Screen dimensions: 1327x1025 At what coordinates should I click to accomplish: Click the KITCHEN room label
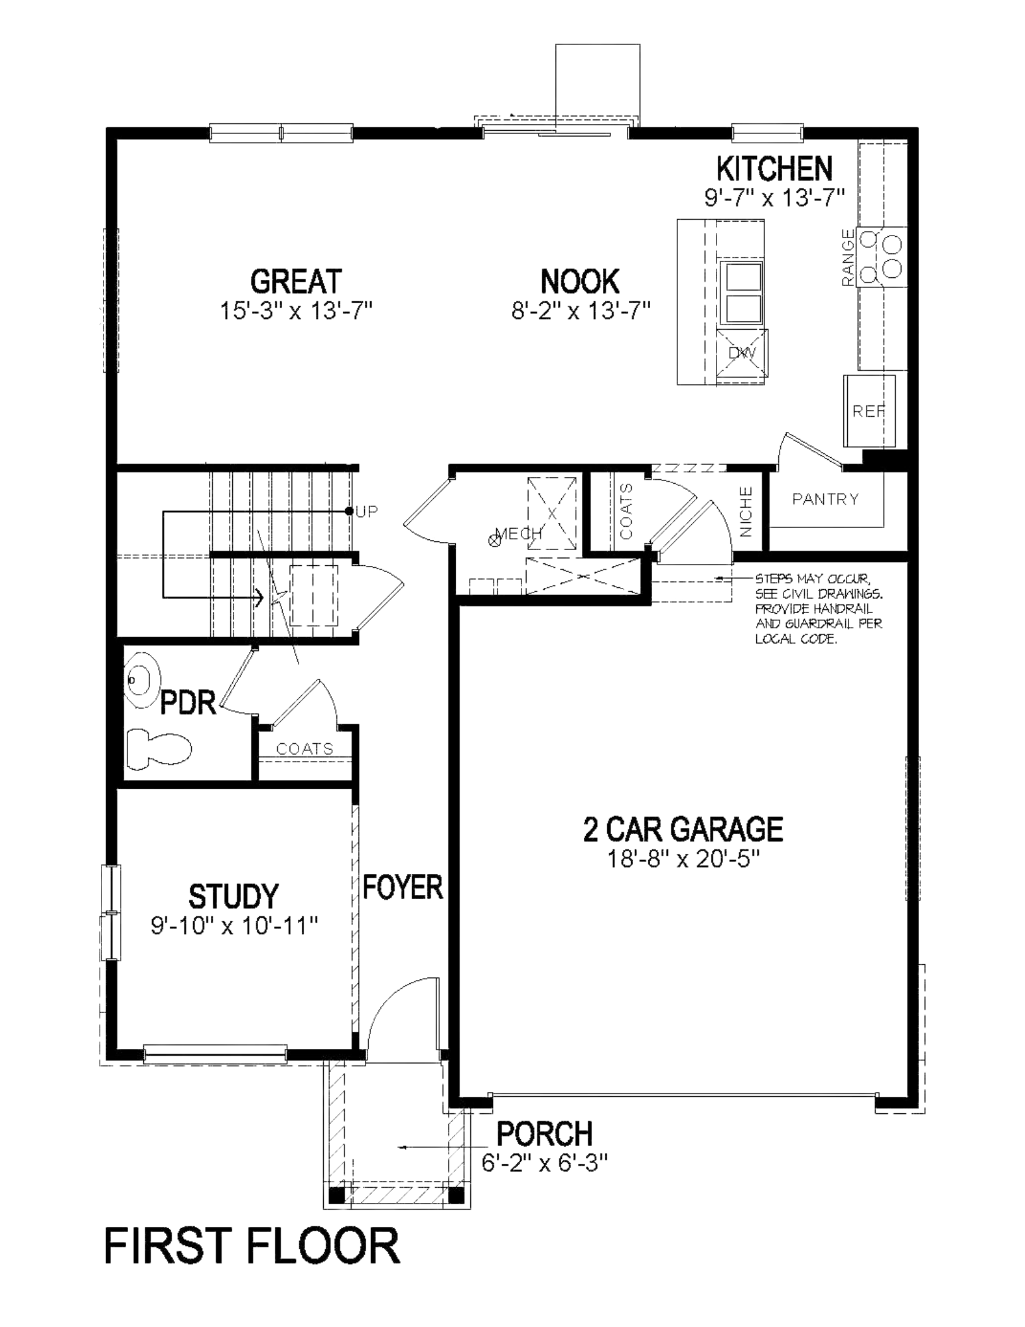774,169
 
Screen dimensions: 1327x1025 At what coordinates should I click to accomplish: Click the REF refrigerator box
868,411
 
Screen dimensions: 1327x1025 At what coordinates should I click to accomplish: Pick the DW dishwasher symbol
742,353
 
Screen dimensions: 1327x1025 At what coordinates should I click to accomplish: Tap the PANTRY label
825,499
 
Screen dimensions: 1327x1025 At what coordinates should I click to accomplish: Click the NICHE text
746,512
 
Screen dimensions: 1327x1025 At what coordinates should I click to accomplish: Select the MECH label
519,533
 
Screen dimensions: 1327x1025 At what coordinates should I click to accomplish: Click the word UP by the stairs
367,512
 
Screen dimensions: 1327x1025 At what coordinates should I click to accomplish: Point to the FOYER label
403,888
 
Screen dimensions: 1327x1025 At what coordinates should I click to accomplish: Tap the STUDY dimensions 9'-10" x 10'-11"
234,926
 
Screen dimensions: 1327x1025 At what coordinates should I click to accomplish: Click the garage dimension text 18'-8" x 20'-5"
683,859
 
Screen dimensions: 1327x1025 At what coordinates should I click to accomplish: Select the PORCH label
545,1134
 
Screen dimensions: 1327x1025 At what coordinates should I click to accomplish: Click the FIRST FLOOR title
252,1247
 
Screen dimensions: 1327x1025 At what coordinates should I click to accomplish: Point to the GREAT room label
296,281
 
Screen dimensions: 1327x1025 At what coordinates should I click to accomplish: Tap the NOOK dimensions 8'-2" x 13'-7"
581,311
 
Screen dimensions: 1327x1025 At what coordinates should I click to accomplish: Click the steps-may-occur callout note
819,610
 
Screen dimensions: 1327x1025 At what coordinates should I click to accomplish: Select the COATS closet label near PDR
305,749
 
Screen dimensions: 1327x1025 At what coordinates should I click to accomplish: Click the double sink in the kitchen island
742,293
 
